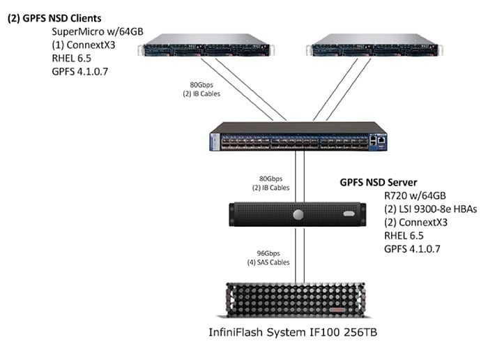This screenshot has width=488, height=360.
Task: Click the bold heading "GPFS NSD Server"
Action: coord(379,182)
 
